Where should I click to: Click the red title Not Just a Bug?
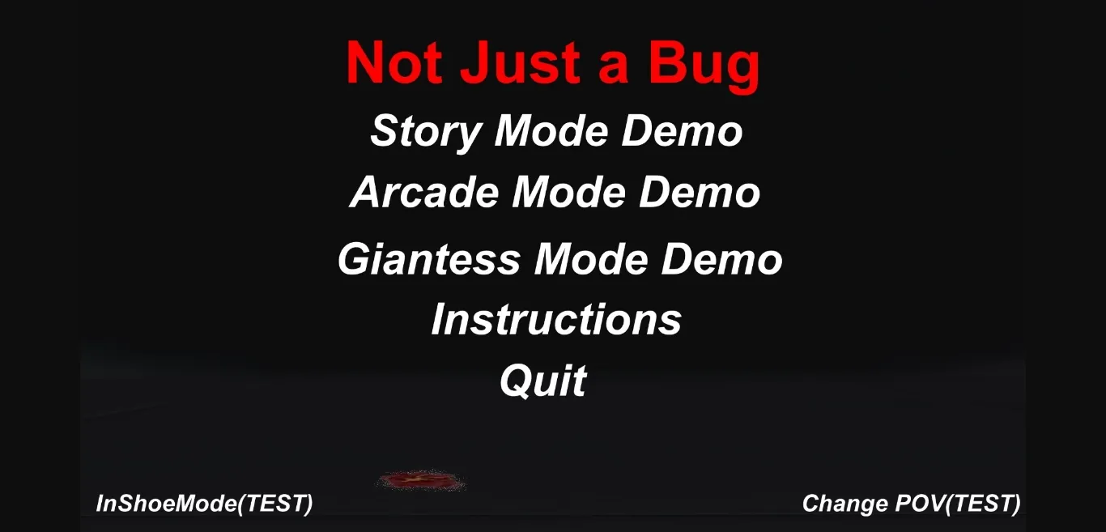[x=553, y=63]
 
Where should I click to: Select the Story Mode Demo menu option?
[x=556, y=131]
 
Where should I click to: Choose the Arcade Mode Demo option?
[x=555, y=193]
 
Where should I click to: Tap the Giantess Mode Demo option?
[x=559, y=259]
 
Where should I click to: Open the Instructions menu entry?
[x=556, y=319]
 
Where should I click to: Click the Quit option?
[x=543, y=381]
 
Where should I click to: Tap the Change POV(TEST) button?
[x=911, y=504]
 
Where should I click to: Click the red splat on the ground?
[x=421, y=481]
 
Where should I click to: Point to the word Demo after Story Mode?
[x=683, y=131]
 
